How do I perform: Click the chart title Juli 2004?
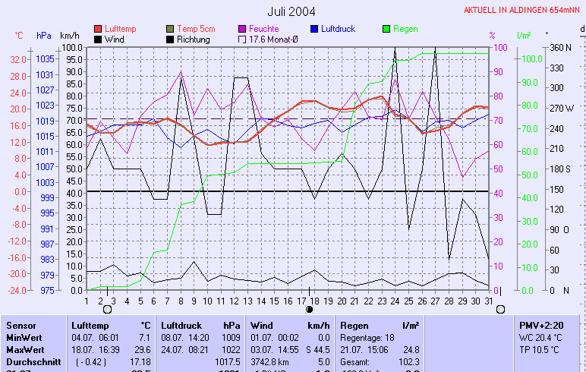(x=291, y=11)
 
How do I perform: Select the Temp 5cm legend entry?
(x=196, y=29)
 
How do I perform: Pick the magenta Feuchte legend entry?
(x=263, y=29)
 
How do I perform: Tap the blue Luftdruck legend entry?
(x=337, y=29)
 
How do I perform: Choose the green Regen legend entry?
(x=405, y=29)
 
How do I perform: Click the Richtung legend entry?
(x=193, y=39)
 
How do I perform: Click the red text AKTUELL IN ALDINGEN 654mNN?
(x=524, y=10)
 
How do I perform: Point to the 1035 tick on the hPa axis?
(x=45, y=59)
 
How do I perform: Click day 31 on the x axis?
(x=488, y=301)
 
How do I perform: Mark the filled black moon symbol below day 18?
(x=309, y=310)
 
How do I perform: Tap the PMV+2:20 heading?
(x=540, y=325)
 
